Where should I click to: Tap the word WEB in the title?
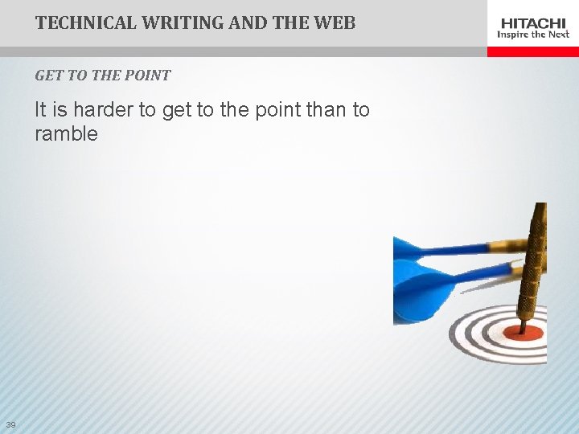tap(335, 23)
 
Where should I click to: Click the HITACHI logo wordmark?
tap(533, 23)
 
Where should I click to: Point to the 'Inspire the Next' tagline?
tap(533, 35)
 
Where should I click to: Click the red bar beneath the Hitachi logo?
tap(533, 51)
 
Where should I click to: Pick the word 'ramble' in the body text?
tap(66, 134)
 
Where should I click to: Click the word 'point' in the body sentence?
tap(275, 110)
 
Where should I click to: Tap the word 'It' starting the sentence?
tap(40, 110)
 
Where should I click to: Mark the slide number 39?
tap(10, 424)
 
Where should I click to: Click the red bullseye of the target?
tap(523, 333)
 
